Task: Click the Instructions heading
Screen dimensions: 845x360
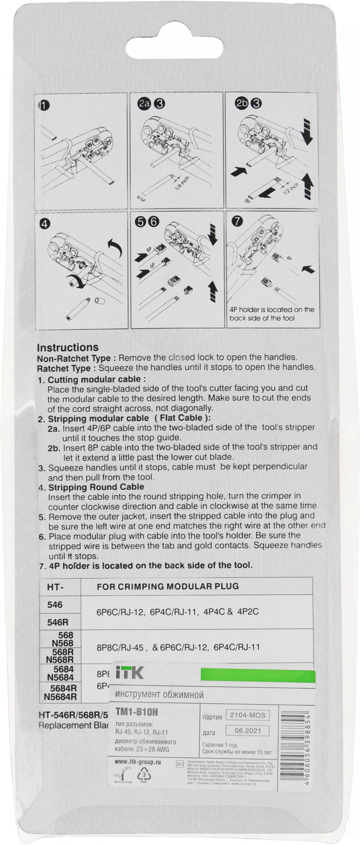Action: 68,348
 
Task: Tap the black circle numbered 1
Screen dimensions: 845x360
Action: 44,105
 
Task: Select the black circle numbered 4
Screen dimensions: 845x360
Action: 44,223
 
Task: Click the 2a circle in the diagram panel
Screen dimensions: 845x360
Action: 144,104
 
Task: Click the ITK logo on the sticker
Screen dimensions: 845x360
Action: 129,673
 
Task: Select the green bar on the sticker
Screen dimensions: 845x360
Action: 258,675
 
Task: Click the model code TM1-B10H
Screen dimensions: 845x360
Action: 136,712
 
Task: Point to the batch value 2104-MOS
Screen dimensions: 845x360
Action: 248,715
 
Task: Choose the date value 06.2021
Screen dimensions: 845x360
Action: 248,731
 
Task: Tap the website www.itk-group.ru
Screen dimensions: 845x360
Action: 138,762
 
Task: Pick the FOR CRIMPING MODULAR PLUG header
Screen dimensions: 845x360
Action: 168,586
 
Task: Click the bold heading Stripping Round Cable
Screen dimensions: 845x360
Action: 96,487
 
